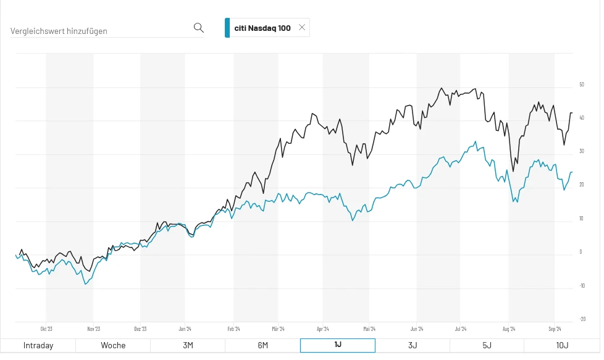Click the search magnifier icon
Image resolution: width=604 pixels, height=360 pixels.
[x=198, y=28]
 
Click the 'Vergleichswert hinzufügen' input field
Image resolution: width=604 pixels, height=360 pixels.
[x=99, y=30]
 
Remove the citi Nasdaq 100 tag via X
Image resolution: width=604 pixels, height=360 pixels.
[x=302, y=27]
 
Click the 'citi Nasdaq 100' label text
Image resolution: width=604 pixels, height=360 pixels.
[x=262, y=28]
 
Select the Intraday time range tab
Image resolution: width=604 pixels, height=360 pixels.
[x=38, y=345]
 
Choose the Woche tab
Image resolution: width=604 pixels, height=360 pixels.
[x=113, y=345]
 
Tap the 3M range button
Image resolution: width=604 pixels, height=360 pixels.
[x=188, y=345]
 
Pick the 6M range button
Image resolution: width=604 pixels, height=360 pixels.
[x=262, y=345]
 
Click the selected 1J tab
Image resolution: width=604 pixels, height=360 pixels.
[x=337, y=345]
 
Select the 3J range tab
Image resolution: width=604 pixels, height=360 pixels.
[x=412, y=345]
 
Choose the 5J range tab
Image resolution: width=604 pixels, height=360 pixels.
[x=487, y=345]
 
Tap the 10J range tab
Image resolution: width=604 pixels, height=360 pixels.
[x=561, y=345]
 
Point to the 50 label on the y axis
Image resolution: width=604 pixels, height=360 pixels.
[x=581, y=85]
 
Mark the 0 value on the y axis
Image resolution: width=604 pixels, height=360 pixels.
[x=581, y=252]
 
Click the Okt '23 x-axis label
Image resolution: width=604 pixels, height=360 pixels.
[x=46, y=329]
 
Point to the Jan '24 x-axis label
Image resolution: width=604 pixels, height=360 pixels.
[x=185, y=329]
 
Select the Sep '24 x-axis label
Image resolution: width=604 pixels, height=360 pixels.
[x=555, y=329]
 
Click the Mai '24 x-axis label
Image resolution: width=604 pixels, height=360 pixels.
[x=370, y=329]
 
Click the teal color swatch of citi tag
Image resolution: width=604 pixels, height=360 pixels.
[x=227, y=28]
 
